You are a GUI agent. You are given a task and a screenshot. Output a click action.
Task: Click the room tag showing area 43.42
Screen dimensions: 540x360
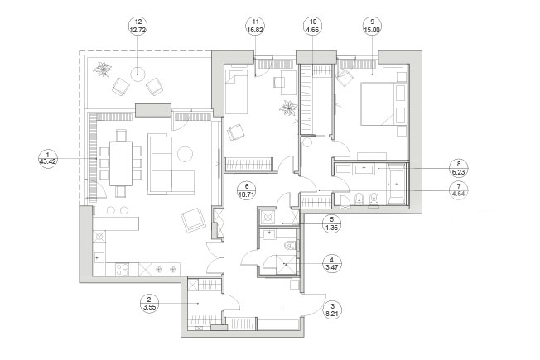[x=47, y=158]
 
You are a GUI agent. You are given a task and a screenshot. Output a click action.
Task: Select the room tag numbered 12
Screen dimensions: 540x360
[x=137, y=26]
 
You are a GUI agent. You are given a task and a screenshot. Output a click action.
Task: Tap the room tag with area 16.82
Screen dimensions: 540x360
[x=255, y=26]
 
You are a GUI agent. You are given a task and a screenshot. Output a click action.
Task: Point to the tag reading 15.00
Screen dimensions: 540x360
[x=372, y=26]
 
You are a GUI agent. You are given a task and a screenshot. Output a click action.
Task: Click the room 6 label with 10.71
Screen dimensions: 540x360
[x=247, y=190]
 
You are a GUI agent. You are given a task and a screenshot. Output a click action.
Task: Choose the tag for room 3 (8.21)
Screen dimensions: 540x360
[x=333, y=310]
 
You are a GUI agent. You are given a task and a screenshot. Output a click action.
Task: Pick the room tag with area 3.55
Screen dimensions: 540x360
[x=149, y=303]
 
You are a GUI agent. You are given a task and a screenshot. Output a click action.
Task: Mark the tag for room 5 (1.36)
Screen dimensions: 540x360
[x=331, y=223]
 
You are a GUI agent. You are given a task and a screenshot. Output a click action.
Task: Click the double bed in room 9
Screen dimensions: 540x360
[x=383, y=104]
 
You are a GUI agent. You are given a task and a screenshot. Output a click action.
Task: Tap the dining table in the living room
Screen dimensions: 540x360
[x=121, y=164]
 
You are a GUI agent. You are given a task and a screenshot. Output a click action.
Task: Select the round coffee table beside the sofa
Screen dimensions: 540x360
[x=185, y=154]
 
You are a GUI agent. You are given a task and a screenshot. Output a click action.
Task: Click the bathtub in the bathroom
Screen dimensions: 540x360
[x=397, y=184]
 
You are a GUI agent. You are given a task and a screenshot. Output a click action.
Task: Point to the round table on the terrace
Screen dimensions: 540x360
[x=137, y=74]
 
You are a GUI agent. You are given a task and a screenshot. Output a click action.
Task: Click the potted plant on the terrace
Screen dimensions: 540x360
[x=103, y=70]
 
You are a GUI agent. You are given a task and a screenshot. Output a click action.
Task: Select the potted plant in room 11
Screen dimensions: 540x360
[x=288, y=108]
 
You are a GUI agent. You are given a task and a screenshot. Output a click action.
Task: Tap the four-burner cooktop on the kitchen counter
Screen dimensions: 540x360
[x=123, y=269]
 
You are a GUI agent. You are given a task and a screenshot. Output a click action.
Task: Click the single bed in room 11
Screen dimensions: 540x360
[x=236, y=92]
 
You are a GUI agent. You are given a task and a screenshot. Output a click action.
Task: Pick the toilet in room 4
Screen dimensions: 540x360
[x=291, y=246]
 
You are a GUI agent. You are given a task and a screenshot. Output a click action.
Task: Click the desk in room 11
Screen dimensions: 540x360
[x=288, y=82]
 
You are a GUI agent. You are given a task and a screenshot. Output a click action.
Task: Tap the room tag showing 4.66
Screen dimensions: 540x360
[x=313, y=26]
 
